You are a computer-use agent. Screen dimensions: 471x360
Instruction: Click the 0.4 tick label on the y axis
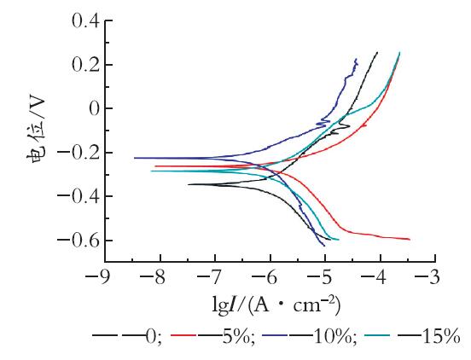point(86,21)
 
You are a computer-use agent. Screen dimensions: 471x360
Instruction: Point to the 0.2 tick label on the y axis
point(86,65)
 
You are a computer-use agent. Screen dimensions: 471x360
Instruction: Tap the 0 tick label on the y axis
point(95,108)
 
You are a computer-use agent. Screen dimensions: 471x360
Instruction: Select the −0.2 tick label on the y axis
point(78,153)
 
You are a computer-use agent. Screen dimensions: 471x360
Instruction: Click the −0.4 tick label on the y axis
point(78,196)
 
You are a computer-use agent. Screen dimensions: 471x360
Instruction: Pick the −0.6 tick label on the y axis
point(78,241)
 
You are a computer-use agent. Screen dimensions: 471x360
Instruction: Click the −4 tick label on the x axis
point(375,277)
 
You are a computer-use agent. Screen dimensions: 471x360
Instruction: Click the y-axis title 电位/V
point(38,129)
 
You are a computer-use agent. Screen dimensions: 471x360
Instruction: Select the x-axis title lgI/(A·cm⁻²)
point(276,306)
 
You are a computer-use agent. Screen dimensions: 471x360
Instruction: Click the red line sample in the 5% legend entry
point(183,334)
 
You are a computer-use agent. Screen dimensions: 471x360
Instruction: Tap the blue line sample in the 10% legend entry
point(275,334)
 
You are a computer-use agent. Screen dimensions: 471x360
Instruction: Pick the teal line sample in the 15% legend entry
point(377,334)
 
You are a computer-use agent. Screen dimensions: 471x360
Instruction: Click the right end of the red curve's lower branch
point(410,240)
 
